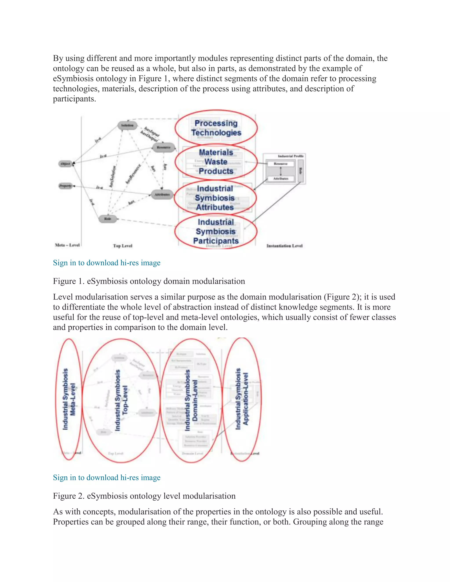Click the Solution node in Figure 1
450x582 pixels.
[127, 125]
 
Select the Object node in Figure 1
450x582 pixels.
[65, 164]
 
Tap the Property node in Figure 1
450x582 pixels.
[65, 186]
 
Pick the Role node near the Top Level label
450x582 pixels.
[107, 219]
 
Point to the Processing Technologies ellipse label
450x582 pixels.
[216, 128]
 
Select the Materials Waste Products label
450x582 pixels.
[216, 162]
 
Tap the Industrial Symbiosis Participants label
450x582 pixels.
[216, 231]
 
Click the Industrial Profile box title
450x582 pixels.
[290, 156]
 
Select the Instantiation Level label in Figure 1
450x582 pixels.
[285, 246]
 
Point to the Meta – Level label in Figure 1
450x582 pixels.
[67, 245]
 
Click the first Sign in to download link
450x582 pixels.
[107, 263]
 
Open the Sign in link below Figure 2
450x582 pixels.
[107, 477]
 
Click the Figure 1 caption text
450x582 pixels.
[149, 281]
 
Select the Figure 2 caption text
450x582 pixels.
[144, 496]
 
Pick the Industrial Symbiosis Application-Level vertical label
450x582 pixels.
[242, 399]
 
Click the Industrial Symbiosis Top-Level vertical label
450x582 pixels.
[121, 400]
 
